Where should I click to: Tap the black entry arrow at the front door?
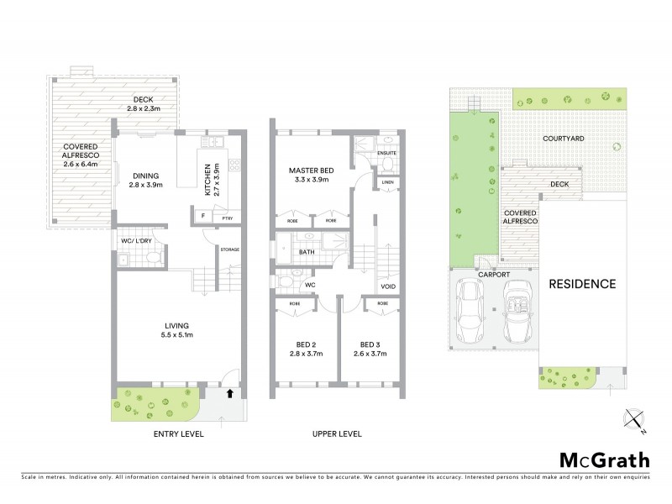point(230,392)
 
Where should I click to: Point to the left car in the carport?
point(469,311)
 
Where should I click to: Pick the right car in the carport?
point(516,311)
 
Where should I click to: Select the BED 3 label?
point(370,345)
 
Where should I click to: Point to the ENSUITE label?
point(386,154)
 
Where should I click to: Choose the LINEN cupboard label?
point(387,182)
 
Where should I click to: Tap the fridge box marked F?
point(202,217)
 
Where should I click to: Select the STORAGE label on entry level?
point(230,249)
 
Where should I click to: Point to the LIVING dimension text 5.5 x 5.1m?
point(177,336)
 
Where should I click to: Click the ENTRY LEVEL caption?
point(180,434)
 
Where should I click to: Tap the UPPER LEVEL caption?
point(337,434)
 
